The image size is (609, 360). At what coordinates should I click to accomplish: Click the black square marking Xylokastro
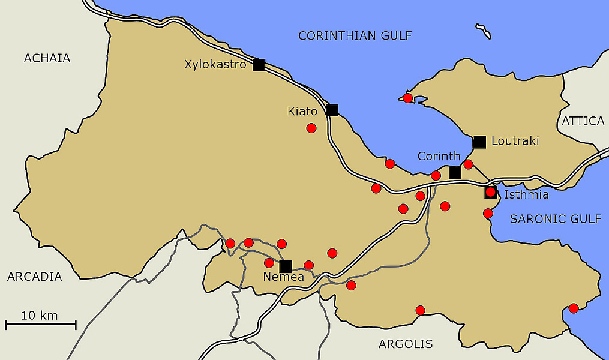coord(259,65)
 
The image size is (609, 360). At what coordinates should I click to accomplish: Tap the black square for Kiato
coord(332,110)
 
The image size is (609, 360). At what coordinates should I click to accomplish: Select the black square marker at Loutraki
coord(479,142)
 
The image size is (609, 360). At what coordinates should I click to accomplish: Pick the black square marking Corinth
coord(455,173)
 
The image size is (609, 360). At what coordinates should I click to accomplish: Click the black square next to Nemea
coord(286,266)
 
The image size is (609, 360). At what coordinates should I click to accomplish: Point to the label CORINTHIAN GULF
coord(355,36)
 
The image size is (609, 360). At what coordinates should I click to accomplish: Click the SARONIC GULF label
coord(555,219)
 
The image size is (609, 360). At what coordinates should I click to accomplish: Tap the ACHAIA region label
coord(47,58)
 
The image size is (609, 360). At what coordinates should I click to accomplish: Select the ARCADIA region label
coord(34,277)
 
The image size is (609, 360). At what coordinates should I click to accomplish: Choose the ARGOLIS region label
coord(406,344)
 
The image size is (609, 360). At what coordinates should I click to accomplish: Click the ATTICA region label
coord(583,121)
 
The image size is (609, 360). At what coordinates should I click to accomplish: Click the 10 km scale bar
coord(41,325)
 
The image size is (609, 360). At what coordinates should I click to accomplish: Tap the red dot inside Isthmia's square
coord(491,192)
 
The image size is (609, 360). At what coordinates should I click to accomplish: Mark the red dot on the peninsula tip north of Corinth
coord(408,98)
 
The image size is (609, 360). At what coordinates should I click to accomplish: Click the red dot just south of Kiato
coord(311,128)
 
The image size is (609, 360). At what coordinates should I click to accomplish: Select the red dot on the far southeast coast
coord(574,308)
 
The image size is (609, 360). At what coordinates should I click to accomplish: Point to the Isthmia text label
coord(526,194)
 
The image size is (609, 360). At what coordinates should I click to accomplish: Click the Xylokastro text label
coord(215,64)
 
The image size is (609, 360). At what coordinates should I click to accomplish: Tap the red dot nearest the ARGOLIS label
coord(420,310)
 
